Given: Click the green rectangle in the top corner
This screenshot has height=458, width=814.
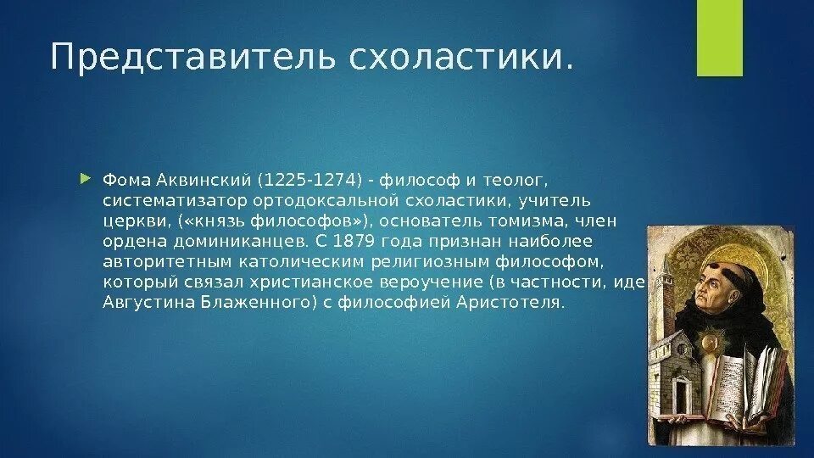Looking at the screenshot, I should (x=719, y=38).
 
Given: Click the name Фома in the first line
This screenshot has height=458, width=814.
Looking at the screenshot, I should (x=121, y=181).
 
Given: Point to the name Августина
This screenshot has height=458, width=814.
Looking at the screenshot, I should (x=143, y=303).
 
